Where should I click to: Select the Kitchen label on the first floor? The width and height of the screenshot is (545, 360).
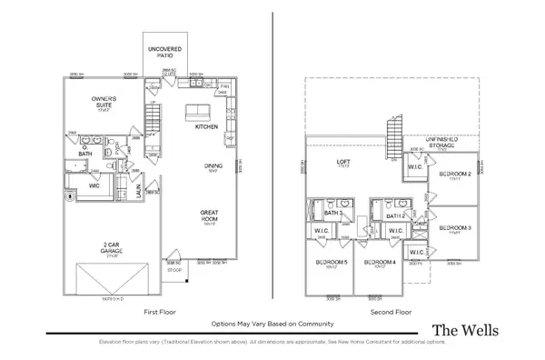(207, 127)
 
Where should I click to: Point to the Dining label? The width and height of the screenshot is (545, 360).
(213, 166)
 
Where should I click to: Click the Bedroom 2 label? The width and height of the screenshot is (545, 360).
(453, 174)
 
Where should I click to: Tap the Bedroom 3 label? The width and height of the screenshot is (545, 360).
(453, 227)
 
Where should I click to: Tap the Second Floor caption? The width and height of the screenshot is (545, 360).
(390, 312)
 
